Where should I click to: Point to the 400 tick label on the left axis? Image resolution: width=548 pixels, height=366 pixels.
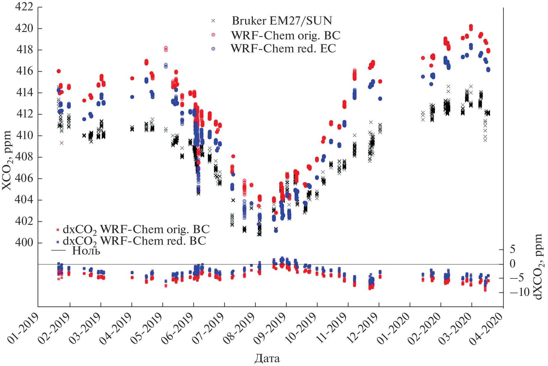[x=24, y=242]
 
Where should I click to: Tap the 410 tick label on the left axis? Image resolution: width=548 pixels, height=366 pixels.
[x=24, y=136]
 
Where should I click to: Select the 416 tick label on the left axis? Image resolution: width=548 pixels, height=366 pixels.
[x=24, y=71]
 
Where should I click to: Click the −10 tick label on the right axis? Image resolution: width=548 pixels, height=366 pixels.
[x=519, y=292]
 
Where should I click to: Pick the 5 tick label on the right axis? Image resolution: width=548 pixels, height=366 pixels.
[x=512, y=249]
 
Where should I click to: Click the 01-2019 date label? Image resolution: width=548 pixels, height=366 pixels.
[x=23, y=328]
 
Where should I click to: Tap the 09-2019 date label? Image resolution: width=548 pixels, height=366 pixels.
[x=270, y=328]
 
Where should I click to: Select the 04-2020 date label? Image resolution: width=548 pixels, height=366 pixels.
[x=486, y=328]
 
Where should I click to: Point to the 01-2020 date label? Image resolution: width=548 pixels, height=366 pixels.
[x=394, y=328]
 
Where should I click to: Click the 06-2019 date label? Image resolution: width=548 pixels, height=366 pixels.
[x=178, y=328]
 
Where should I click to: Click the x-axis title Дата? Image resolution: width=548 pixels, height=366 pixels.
[x=267, y=359]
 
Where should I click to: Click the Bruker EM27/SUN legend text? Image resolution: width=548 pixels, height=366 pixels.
[x=282, y=21]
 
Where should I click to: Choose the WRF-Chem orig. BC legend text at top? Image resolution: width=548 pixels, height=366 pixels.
[x=286, y=36]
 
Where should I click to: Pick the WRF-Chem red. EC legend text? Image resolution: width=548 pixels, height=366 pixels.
[x=283, y=49]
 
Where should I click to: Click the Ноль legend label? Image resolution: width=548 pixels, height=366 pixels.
[x=86, y=251]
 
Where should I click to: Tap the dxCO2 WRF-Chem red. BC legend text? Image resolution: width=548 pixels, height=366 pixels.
[x=134, y=241]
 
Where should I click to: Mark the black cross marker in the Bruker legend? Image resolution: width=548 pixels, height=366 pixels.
[x=213, y=21]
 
